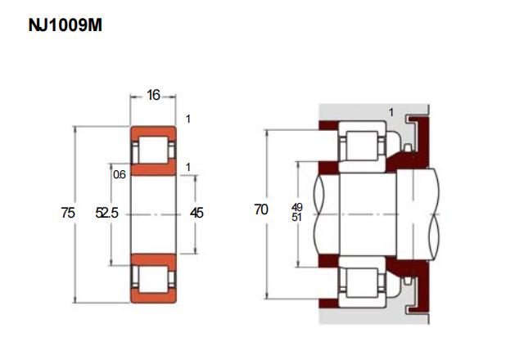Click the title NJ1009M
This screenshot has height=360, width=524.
[65, 25]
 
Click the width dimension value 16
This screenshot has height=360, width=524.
[153, 95]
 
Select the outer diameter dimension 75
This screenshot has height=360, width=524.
[68, 213]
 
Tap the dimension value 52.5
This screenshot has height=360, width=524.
[106, 213]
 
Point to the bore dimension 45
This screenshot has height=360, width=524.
[196, 213]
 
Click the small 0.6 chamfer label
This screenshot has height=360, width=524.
[120, 174]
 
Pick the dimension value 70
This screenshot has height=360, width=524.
[261, 209]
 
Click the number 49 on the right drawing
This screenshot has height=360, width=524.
[296, 207]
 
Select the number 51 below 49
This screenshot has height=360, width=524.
[296, 218]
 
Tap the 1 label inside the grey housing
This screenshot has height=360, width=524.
[391, 113]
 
